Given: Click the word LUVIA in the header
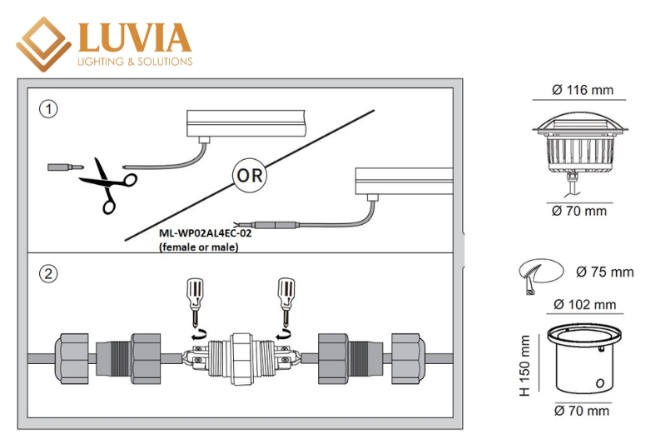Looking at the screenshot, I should tap(134, 37).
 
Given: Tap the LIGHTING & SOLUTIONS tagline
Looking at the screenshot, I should tap(134, 62).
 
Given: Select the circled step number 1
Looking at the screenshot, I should tap(50, 109).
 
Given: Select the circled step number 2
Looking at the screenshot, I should tap(50, 273).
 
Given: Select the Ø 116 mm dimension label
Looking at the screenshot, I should tap(582, 90).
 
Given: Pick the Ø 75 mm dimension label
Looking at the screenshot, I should tap(604, 272).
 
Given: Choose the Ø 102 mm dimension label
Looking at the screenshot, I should tap(584, 304).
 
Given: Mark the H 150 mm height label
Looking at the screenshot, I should tap(524, 365).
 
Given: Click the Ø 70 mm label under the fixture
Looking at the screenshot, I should tap(579, 212).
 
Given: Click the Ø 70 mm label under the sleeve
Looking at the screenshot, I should tap(581, 410).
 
